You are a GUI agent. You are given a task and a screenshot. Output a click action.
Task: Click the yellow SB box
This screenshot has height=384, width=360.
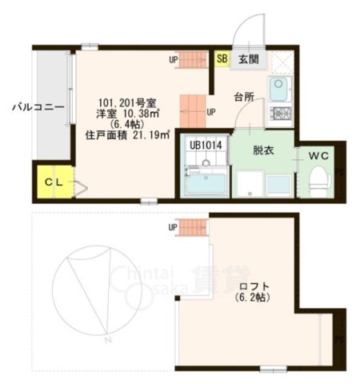point(222,58)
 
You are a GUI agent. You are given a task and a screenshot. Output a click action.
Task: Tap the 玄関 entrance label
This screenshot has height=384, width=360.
point(248,58)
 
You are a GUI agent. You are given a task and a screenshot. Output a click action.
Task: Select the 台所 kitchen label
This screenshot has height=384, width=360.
point(244,97)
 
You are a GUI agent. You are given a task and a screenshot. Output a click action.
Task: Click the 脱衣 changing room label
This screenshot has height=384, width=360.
point(262,149)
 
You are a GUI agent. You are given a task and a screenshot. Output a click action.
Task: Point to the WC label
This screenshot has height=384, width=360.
point(318,154)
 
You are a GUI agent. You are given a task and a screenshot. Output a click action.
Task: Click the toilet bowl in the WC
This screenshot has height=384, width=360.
point(318,178)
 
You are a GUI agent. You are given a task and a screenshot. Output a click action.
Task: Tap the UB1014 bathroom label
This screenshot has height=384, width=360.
point(206,146)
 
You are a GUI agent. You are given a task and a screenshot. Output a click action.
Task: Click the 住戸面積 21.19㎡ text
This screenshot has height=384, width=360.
point(128,134)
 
